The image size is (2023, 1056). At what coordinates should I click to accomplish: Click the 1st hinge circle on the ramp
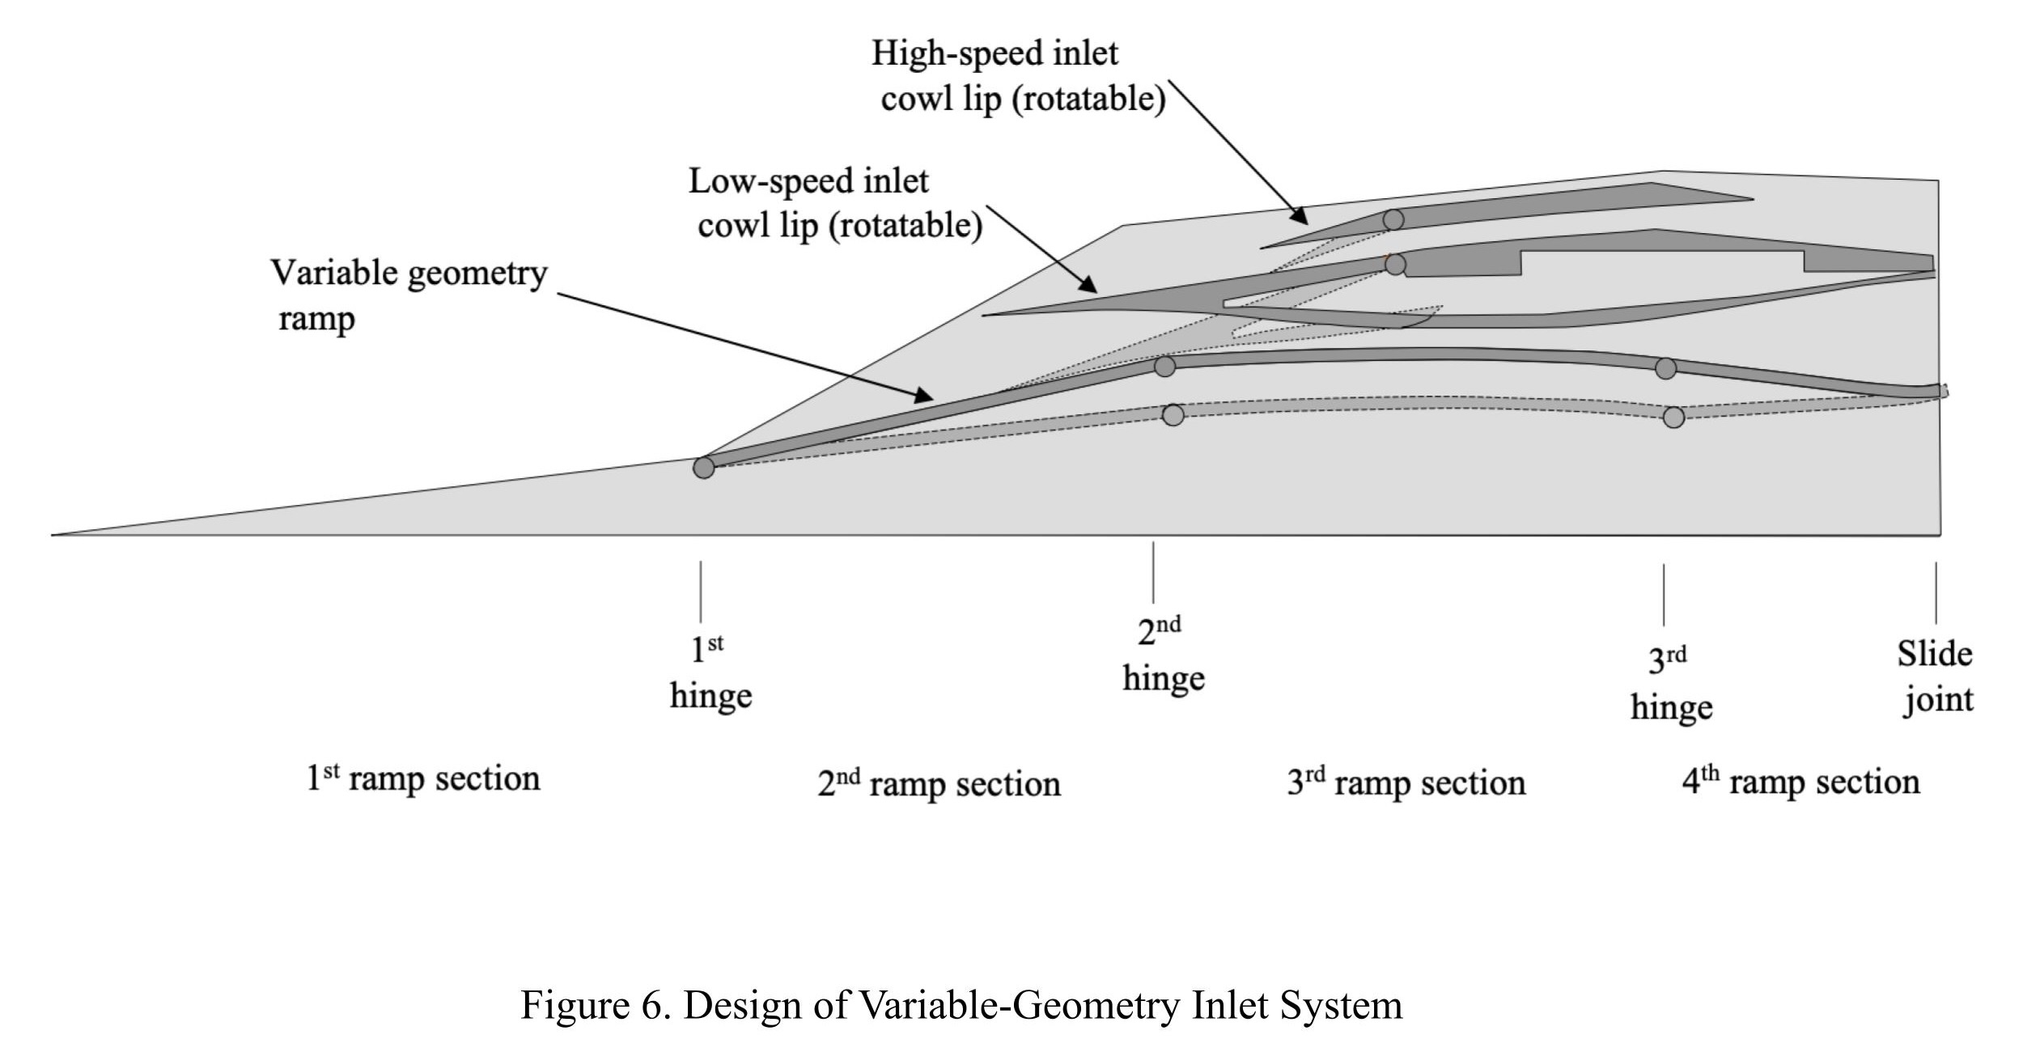[703, 468]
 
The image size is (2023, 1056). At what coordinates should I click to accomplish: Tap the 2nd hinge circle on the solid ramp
[1164, 367]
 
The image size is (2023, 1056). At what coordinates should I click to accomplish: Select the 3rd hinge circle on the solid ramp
[1665, 368]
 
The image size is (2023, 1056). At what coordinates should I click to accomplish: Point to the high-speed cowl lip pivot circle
[1393, 219]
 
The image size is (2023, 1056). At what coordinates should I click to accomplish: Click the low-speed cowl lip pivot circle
[1395, 264]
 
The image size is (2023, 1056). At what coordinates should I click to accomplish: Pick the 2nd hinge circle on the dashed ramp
[1173, 415]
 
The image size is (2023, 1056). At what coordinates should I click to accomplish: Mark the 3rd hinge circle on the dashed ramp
[1673, 418]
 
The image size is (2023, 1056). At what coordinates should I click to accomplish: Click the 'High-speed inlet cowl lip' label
[1018, 76]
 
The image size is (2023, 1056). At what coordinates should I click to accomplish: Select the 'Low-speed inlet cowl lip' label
[835, 202]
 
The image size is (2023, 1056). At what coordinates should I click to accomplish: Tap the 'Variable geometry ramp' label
[409, 295]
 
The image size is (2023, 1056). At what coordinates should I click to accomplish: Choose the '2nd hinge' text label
[1163, 655]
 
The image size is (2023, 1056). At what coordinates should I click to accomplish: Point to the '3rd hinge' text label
[1671, 685]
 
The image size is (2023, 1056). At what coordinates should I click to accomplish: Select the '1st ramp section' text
[423, 778]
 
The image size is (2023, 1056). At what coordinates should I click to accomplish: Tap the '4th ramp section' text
[1800, 782]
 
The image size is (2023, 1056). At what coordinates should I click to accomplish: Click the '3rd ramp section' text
[1406, 782]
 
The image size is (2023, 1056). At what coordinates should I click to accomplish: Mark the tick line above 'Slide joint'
[1936, 592]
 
